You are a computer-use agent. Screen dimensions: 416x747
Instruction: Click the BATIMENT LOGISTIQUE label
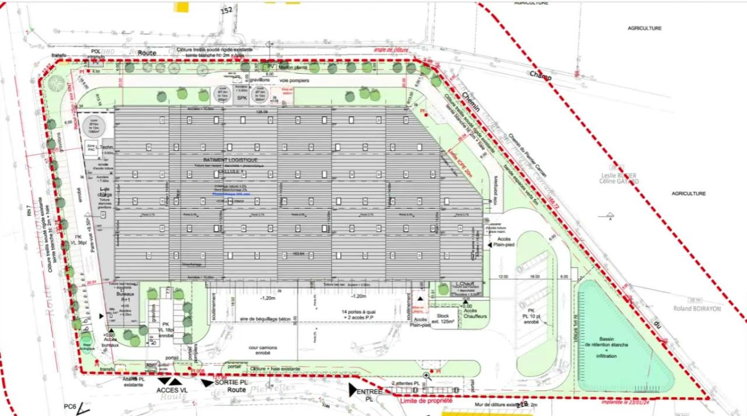tap(230, 160)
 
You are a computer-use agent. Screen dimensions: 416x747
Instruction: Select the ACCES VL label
tap(172, 390)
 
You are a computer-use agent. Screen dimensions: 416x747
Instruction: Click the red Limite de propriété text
tap(426, 401)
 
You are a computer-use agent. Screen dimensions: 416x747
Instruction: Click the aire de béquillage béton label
tap(265, 319)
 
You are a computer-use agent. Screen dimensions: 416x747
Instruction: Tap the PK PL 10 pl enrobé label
tap(531, 316)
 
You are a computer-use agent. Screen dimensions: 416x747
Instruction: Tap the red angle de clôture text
tap(391, 50)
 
